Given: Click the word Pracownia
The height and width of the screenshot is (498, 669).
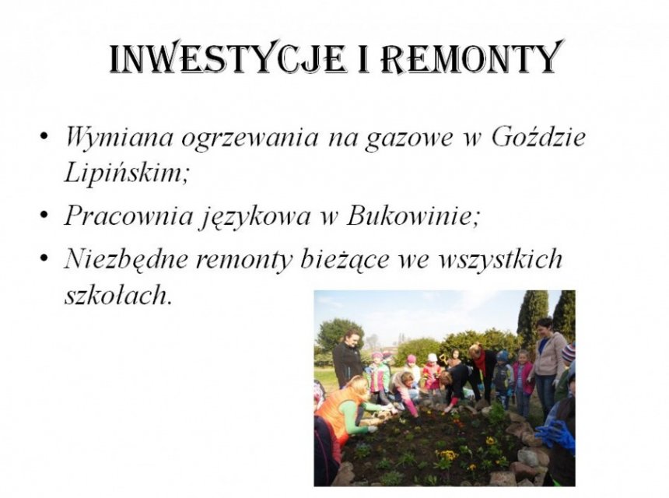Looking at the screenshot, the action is pos(129,216).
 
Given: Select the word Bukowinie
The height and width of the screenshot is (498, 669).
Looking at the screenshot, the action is pos(412,216).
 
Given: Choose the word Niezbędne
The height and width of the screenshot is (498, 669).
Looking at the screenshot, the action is pos(126,258).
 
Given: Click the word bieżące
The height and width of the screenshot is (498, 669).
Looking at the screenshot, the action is pos(345,259).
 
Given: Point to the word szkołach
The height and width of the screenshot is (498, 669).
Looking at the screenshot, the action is pos(117,295).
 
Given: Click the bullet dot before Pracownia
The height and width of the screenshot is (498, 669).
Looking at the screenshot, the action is pos(43,216).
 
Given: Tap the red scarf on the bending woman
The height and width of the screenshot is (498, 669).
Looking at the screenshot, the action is pos(480,360).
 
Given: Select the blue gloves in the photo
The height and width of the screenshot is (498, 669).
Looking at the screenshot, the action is pos(554,434).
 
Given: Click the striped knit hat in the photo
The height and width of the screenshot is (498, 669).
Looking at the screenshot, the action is pos(569,352).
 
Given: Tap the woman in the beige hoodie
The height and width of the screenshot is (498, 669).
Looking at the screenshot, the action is pos(548,363).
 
